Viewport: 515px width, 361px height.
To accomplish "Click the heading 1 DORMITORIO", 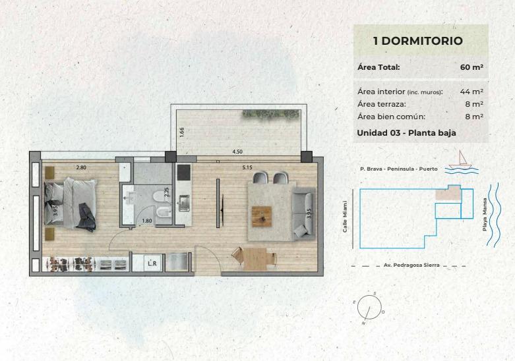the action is tap(418, 41).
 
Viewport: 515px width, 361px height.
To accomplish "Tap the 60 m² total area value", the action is tap(471, 67).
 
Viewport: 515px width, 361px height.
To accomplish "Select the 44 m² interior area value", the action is tap(471, 92).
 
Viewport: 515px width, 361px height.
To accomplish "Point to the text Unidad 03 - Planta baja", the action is tap(406, 133).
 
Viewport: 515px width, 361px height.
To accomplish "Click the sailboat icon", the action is tap(461, 160).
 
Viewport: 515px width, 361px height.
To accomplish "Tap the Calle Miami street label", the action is tap(345, 217).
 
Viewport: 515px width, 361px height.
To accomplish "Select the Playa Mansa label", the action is tap(485, 214).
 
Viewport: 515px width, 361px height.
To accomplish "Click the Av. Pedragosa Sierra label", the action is tap(411, 265).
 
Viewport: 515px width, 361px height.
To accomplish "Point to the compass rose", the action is tap(369, 308).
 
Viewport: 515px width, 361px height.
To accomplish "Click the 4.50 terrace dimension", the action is tap(237, 152).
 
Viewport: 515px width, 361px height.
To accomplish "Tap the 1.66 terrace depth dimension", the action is tap(182, 132).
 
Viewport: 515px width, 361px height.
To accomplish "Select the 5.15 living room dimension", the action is tap(247, 167).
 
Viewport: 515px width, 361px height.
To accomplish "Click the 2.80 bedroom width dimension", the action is tap(81, 167).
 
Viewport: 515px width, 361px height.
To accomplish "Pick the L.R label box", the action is tap(152, 263).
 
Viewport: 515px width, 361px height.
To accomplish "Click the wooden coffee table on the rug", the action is tap(262, 216).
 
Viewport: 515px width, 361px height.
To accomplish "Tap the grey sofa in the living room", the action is tap(304, 212).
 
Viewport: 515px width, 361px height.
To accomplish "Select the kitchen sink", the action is tap(184, 203).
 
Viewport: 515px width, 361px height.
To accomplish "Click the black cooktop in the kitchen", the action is tap(183, 173).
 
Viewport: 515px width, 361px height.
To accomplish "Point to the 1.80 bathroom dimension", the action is tap(147, 221).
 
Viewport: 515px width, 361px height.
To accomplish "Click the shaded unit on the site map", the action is tap(448, 193).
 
